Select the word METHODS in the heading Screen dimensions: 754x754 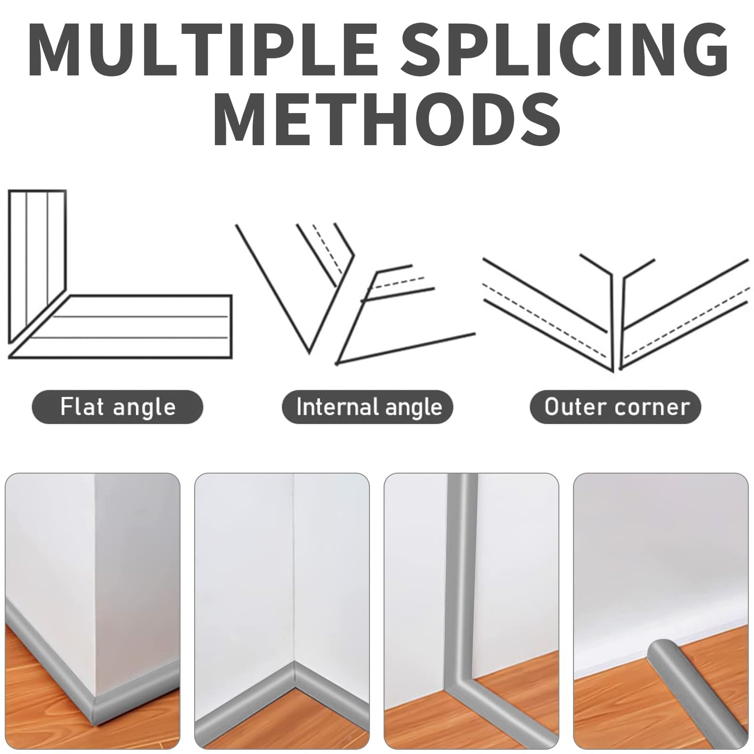[387, 118]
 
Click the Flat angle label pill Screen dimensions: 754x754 [117, 407]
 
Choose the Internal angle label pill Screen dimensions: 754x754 [367, 407]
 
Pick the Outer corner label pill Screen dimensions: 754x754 [616, 407]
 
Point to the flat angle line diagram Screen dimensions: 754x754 [119, 274]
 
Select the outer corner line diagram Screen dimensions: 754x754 [616, 313]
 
